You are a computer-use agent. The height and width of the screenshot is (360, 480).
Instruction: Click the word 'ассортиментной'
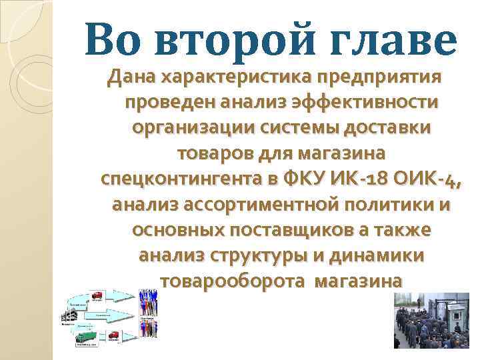pos(260,205)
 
